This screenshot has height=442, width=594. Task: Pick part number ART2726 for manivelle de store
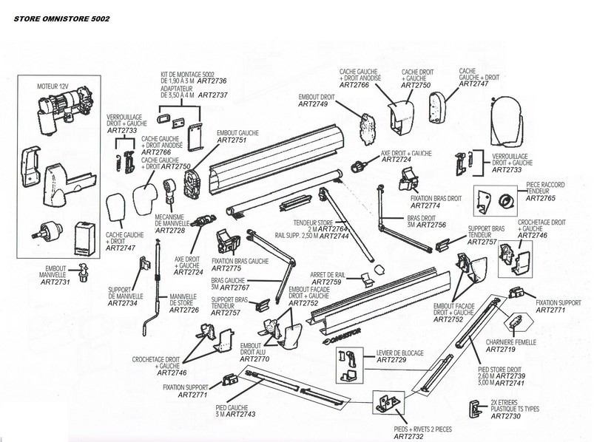click(183, 310)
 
